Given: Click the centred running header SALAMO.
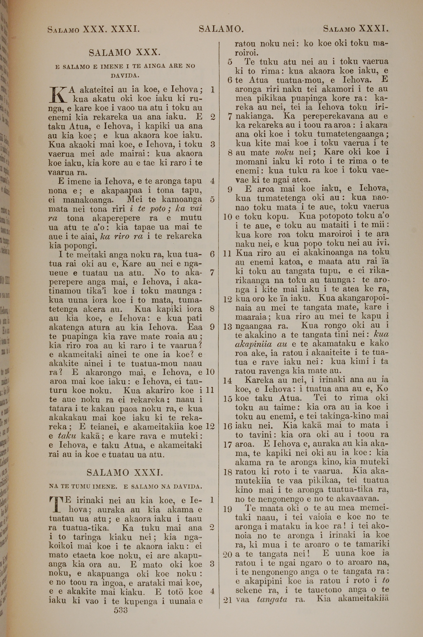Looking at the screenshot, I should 221,29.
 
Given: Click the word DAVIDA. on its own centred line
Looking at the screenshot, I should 125,76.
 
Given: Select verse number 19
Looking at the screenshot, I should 228,509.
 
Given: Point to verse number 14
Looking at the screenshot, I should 228,381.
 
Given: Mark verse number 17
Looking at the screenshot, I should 228,445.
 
